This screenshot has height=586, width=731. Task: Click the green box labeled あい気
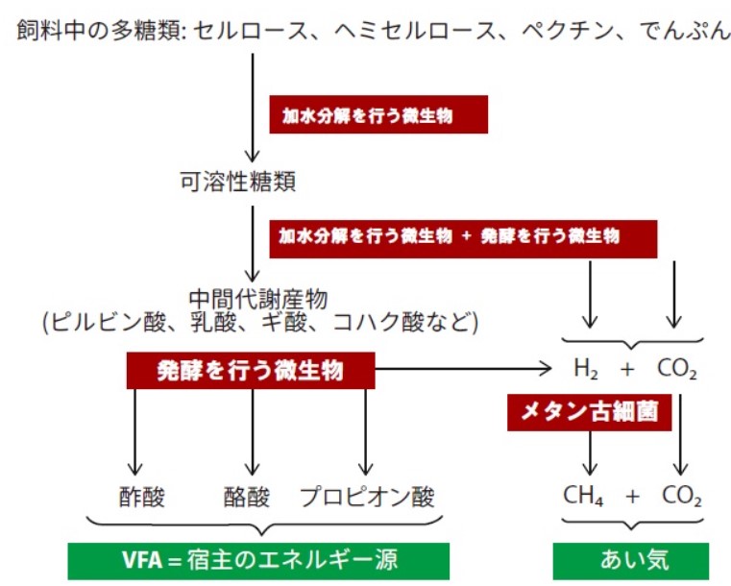tap(631, 561)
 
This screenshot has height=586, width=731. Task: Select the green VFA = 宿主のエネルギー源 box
tap(258, 561)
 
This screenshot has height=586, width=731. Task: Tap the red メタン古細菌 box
tap(589, 412)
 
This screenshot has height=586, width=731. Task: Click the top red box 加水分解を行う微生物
tap(378, 114)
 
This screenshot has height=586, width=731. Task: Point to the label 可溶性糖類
tap(238, 182)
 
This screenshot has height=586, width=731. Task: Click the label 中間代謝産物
tap(258, 299)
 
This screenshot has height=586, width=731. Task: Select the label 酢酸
tap(142, 497)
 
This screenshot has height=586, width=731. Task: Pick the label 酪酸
tap(247, 497)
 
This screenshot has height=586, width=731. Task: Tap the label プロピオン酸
tap(367, 497)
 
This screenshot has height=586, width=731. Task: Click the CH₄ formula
tap(583, 496)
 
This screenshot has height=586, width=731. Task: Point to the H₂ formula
tap(586, 369)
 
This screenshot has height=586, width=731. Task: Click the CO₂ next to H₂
tap(677, 369)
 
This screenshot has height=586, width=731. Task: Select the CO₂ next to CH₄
tap(682, 496)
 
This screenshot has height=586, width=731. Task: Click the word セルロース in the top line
tap(251, 31)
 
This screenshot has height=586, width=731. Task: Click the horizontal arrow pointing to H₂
tap(463, 369)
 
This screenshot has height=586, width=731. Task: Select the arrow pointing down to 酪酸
tap(253, 431)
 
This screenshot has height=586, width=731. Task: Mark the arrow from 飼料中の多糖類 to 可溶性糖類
tap(253, 108)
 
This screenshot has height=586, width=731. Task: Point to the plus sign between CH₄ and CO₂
tap(632, 497)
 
